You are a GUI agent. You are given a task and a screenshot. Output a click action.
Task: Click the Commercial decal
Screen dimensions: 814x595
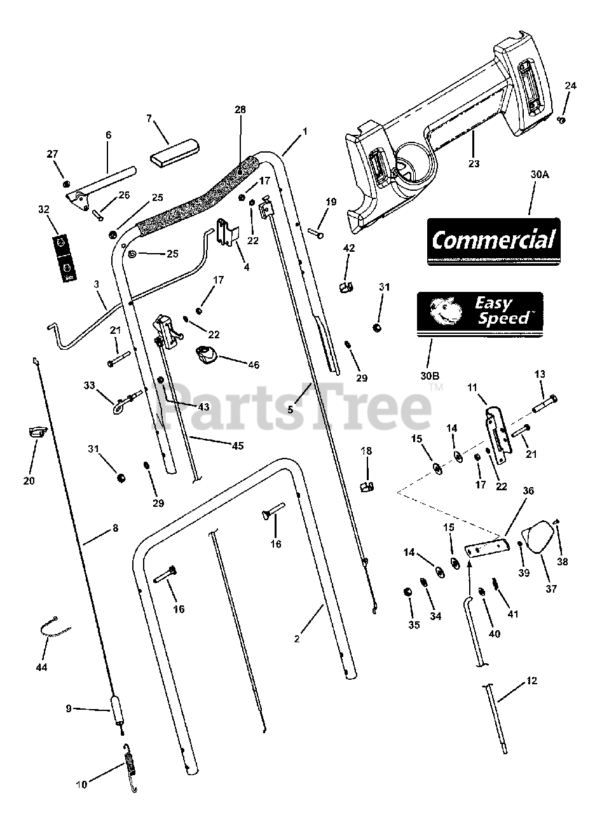click(493, 241)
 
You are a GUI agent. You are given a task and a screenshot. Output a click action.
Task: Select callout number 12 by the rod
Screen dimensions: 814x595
click(531, 681)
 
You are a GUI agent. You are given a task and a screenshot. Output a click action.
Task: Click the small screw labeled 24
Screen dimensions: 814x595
click(561, 119)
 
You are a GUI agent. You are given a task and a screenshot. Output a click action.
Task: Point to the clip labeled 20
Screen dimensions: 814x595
click(35, 433)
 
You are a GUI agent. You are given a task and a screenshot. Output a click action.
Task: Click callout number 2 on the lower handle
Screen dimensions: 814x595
click(296, 638)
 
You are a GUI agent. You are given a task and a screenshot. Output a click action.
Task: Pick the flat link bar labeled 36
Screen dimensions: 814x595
click(486, 546)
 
